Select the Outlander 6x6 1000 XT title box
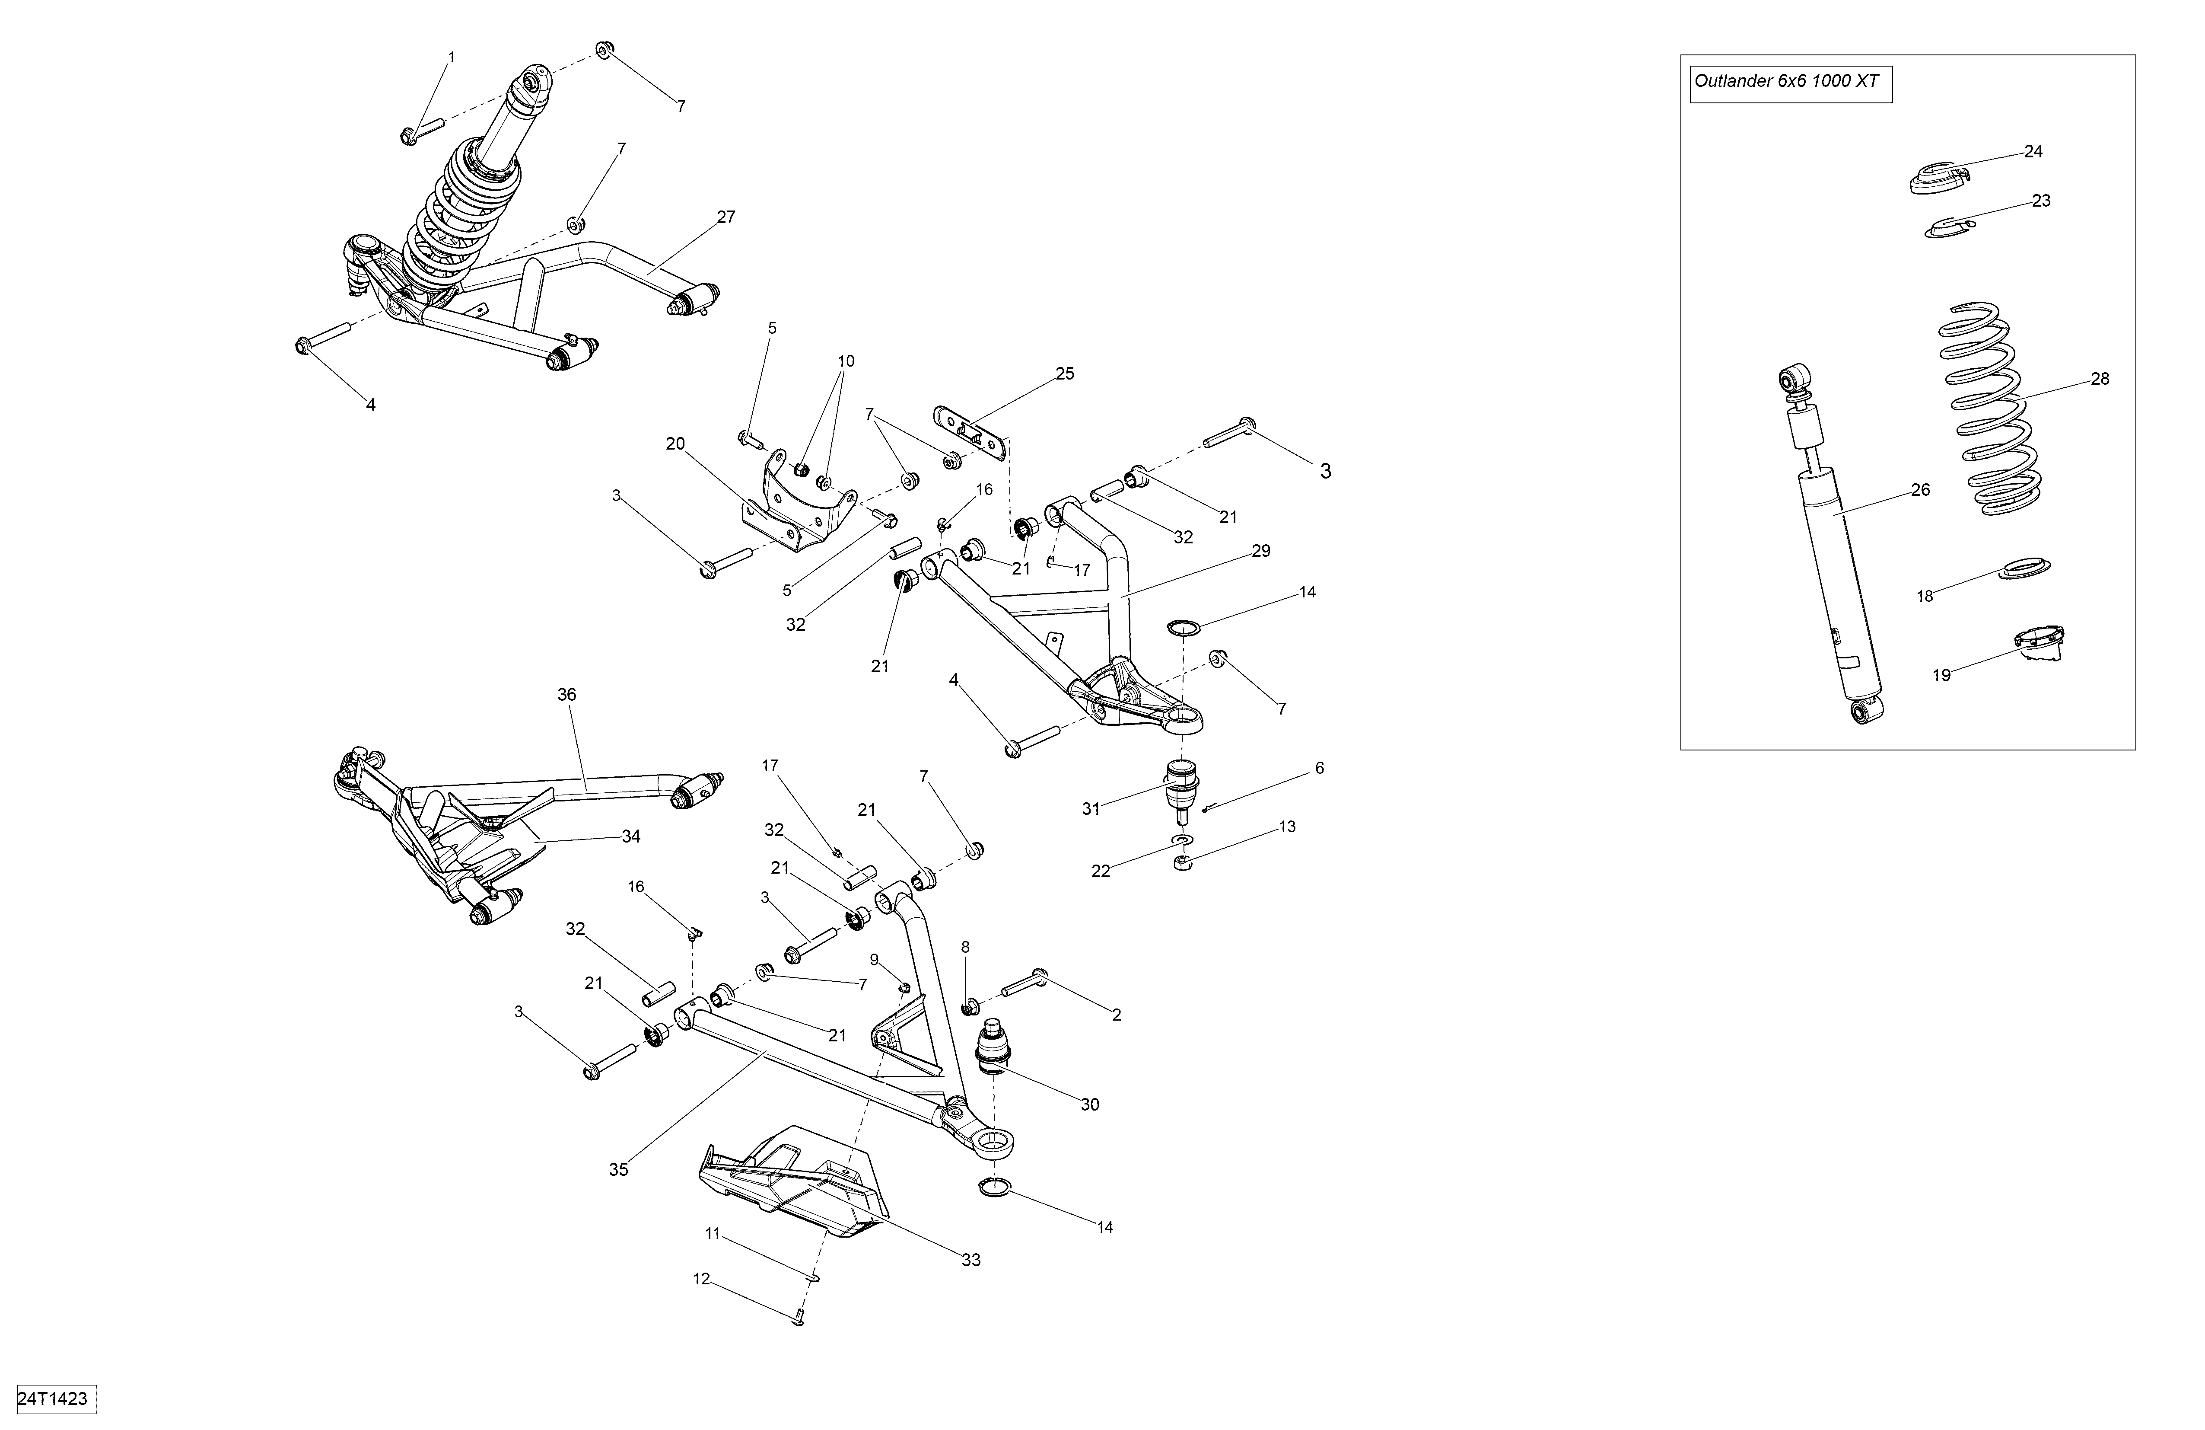[1790, 82]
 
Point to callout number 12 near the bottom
[701, 1279]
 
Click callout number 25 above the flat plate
[1065, 373]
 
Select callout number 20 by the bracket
[675, 444]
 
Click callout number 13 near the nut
[1287, 827]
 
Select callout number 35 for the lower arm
[618, 1170]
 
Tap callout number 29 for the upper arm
[1261, 550]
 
